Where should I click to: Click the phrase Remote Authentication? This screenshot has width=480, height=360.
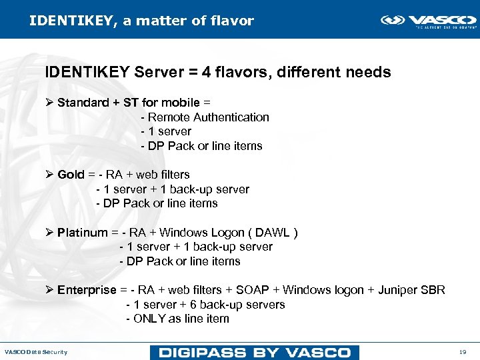pyautogui.click(x=209, y=117)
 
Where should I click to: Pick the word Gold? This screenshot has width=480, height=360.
pyautogui.click(x=71, y=175)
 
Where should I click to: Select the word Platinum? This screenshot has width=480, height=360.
pyautogui.click(x=82, y=233)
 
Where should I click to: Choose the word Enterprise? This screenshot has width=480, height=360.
pyautogui.click(x=87, y=290)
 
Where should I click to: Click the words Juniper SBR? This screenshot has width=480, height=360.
pyautogui.click(x=411, y=290)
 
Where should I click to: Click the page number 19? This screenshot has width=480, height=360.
pyautogui.click(x=462, y=352)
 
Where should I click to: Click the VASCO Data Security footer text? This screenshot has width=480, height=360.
pyautogui.click(x=36, y=352)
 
